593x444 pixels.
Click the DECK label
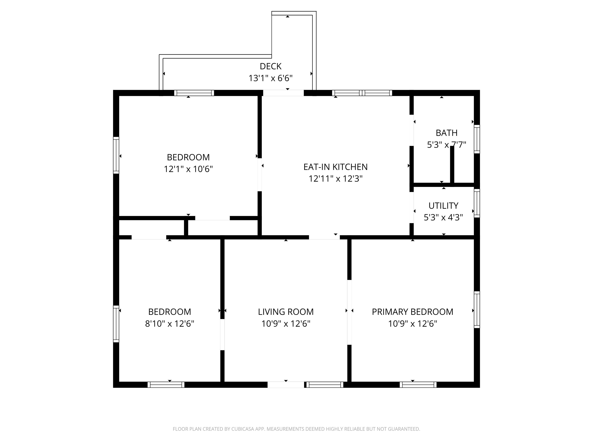click(270, 66)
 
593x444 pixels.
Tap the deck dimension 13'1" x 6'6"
click(270, 78)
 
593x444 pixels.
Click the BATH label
click(446, 133)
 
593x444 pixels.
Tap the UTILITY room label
click(443, 206)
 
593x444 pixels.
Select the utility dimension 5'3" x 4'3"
click(443, 217)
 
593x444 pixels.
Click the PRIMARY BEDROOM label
click(412, 312)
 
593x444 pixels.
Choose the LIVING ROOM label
click(286, 312)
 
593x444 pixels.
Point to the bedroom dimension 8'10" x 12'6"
click(169, 324)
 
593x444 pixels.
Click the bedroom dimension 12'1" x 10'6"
click(188, 169)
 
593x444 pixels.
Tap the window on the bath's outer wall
click(477, 139)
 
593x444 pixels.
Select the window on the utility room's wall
click(477, 203)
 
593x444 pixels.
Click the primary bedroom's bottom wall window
click(418, 385)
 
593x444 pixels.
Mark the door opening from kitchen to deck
click(283, 93)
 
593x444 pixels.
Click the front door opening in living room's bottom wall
click(286, 385)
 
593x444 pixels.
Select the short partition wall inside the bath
click(452, 165)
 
